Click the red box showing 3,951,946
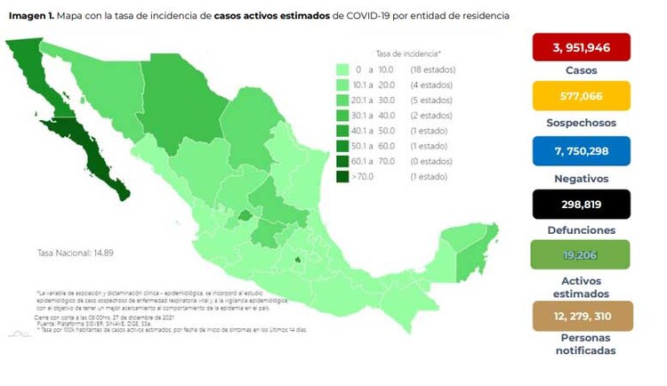(582, 46)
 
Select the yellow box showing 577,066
(582, 95)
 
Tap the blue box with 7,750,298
(582, 151)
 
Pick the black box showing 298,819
(582, 204)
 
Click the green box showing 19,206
(582, 255)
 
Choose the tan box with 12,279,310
(582, 316)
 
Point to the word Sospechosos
(582, 123)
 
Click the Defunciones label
(582, 230)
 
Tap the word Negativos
(582, 177)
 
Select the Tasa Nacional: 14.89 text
(76, 253)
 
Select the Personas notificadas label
(582, 344)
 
